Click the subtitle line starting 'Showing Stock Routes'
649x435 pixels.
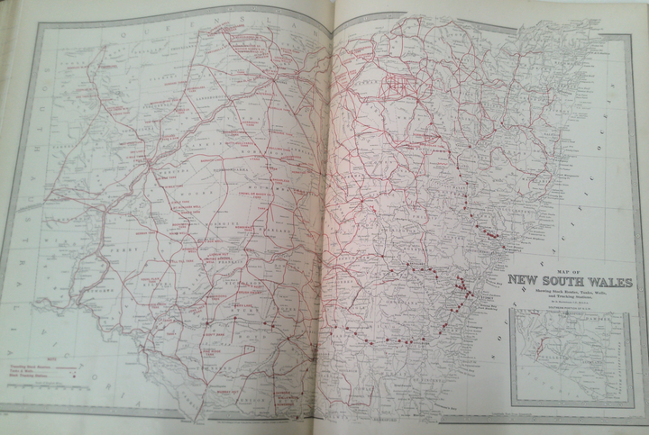point(570,292)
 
